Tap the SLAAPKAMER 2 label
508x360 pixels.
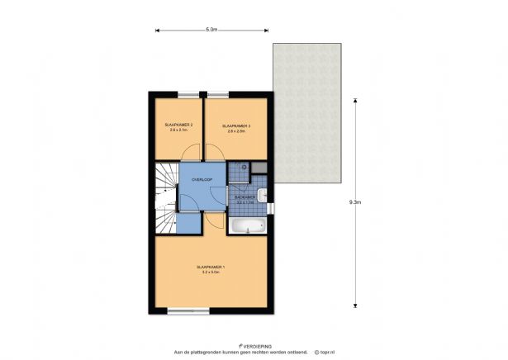[178, 125]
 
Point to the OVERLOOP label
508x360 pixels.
[202, 179]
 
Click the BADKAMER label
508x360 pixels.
[245, 198]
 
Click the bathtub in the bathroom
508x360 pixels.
[248, 226]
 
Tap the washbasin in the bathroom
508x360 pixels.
[262, 196]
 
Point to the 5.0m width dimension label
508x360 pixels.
[211, 30]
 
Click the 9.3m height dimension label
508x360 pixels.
[354, 201]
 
